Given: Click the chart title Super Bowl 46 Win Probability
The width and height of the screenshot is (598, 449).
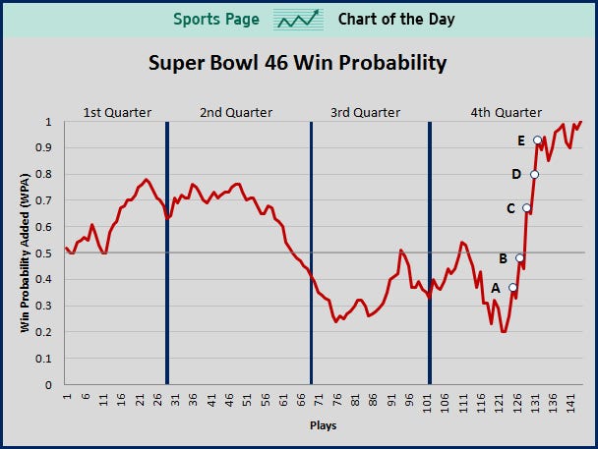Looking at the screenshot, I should [x=297, y=64].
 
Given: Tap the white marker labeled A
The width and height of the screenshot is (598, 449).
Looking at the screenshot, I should [x=512, y=287].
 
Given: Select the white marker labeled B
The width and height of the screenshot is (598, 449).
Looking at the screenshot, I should [x=519, y=258].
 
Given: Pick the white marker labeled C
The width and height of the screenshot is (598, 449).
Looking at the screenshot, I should [x=527, y=208].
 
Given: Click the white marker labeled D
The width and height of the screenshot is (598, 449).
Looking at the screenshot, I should [x=534, y=175].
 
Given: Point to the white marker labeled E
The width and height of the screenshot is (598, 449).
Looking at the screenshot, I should [x=537, y=140].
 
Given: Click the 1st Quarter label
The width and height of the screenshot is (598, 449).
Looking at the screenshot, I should [x=116, y=112].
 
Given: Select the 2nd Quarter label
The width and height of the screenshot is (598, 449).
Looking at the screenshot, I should [x=236, y=112].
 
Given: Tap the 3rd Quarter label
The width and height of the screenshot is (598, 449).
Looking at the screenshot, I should [x=365, y=112].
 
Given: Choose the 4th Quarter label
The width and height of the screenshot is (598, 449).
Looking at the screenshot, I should [x=507, y=112].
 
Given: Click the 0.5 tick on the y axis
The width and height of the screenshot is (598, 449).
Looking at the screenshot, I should [x=47, y=253].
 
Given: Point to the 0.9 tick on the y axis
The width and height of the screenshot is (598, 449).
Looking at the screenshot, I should [x=47, y=148].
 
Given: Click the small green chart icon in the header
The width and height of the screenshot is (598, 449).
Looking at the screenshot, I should [x=299, y=20].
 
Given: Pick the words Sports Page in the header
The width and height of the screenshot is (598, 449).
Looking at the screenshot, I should [x=216, y=20].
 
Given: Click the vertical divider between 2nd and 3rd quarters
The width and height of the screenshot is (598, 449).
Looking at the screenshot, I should [x=312, y=253].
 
